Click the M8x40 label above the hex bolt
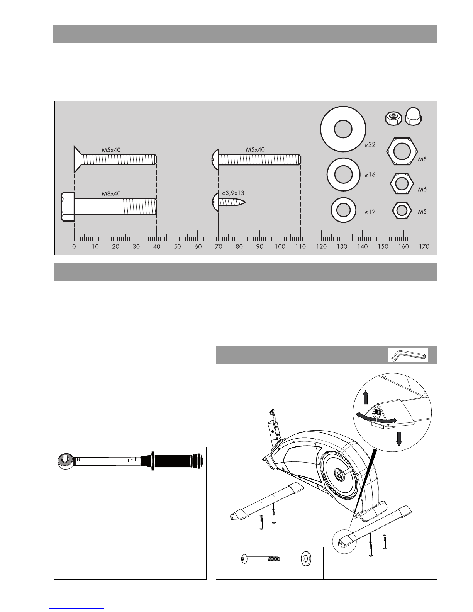(111, 193)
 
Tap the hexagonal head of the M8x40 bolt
(68, 207)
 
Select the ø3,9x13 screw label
(233, 193)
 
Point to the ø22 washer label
(370, 144)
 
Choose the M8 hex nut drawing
(402, 151)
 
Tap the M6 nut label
(422, 189)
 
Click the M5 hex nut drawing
(402, 210)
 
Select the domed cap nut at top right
(413, 116)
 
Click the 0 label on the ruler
(74, 246)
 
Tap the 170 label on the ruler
(424, 246)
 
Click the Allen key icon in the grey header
(408, 355)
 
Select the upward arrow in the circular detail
(365, 397)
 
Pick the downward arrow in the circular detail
(398, 439)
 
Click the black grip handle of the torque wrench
(177, 461)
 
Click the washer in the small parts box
(306, 559)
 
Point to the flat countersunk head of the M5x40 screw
(77, 159)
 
